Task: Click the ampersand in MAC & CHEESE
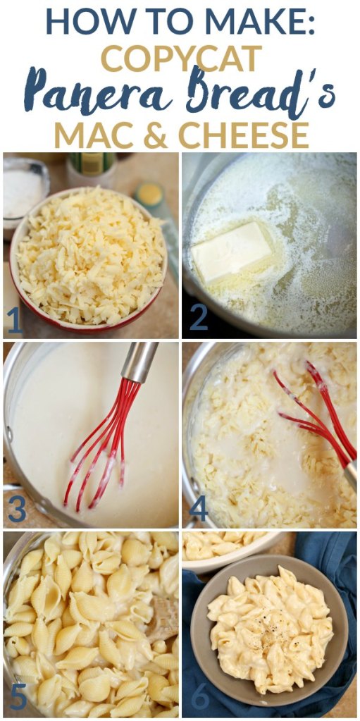157,135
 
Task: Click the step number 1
14,320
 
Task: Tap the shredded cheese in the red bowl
89,255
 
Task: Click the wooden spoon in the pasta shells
163,613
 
